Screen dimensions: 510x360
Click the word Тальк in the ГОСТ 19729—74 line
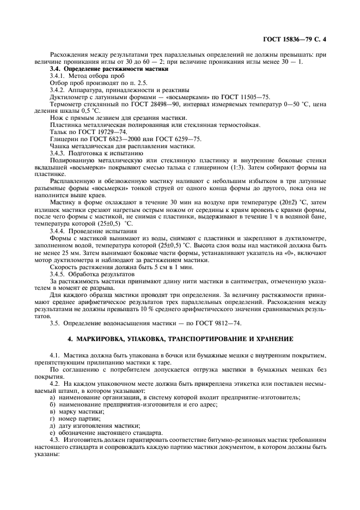point(58,132)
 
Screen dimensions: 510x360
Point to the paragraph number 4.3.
point(55,439)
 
